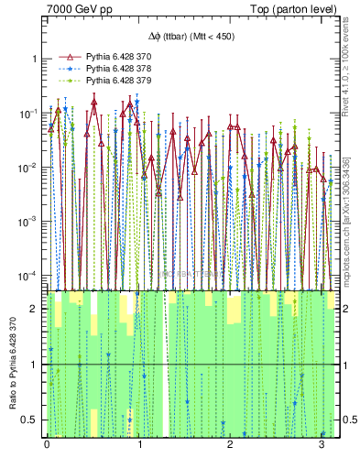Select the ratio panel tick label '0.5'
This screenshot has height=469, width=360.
[32, 420]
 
